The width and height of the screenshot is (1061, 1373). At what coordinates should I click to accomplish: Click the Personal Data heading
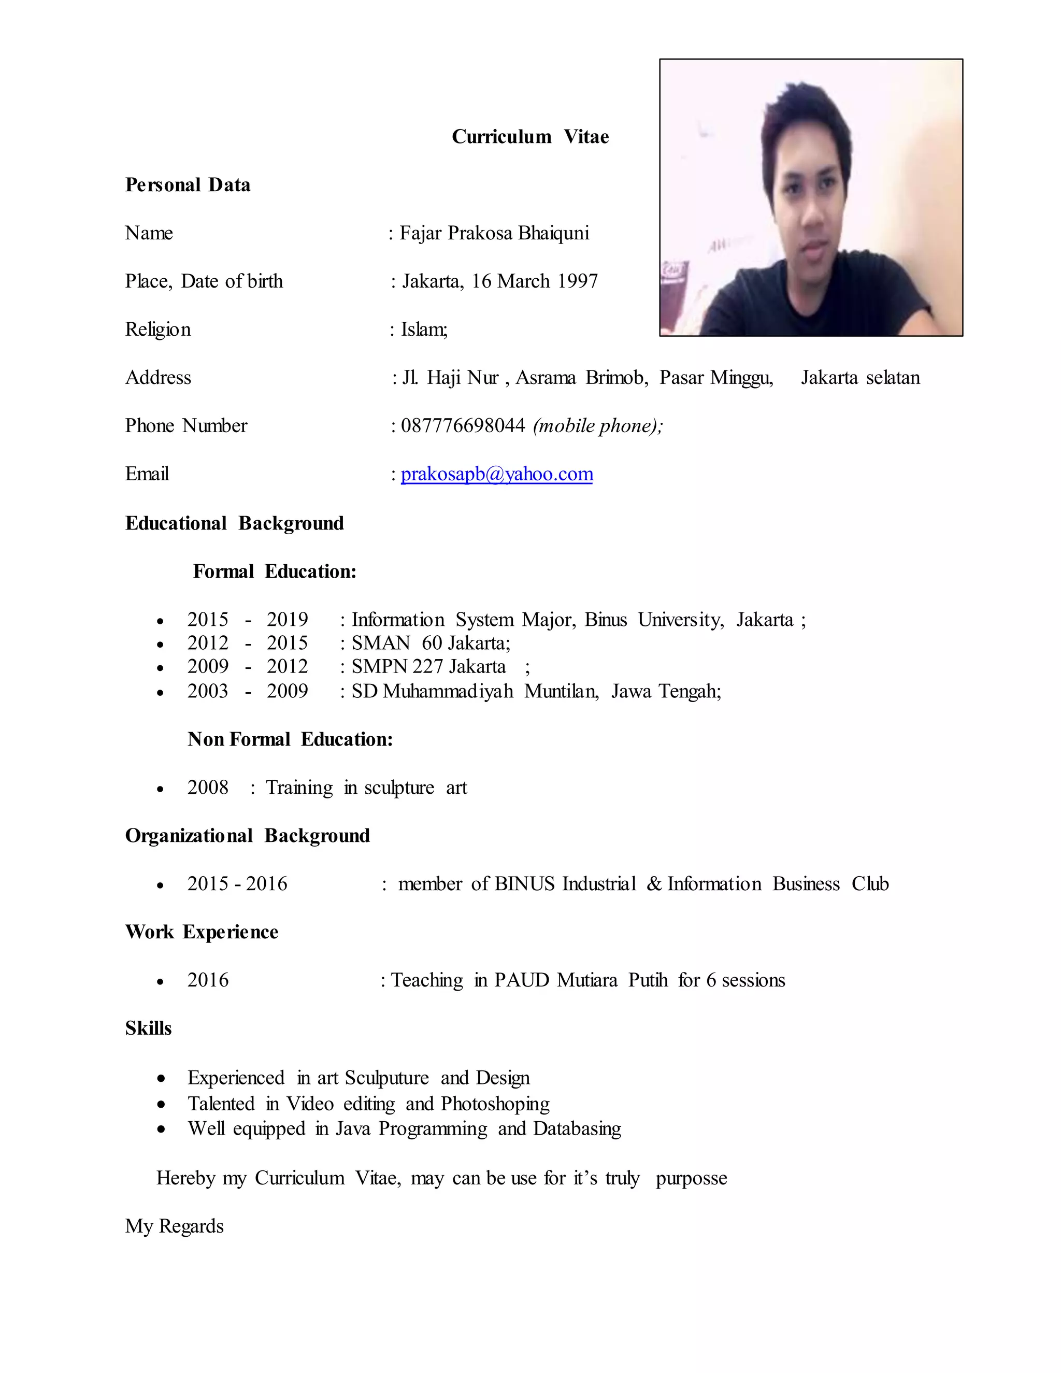188,185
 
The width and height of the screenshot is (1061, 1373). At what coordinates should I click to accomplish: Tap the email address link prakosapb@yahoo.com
496,474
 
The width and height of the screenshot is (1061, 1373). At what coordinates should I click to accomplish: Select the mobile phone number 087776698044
463,425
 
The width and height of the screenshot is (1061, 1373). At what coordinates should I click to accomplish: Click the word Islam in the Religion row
423,330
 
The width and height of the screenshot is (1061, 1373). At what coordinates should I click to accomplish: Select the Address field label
158,377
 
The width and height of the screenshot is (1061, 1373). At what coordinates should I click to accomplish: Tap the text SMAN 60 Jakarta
430,643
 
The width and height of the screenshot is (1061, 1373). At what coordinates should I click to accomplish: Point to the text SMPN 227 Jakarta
428,666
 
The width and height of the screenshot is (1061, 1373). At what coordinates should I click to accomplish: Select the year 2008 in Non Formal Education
207,788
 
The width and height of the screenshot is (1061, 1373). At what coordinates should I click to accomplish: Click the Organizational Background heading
247,836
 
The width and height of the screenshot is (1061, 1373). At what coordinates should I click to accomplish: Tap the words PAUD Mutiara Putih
580,980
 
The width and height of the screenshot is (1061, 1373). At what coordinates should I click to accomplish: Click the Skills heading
148,1028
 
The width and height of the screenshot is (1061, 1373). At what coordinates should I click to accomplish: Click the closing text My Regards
174,1226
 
